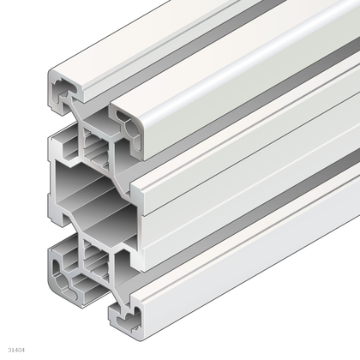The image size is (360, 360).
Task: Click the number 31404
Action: point(15,350)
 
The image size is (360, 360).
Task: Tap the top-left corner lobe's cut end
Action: point(65,90)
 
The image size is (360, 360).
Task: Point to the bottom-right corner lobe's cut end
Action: point(124,318)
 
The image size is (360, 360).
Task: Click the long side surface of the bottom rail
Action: point(249,266)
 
